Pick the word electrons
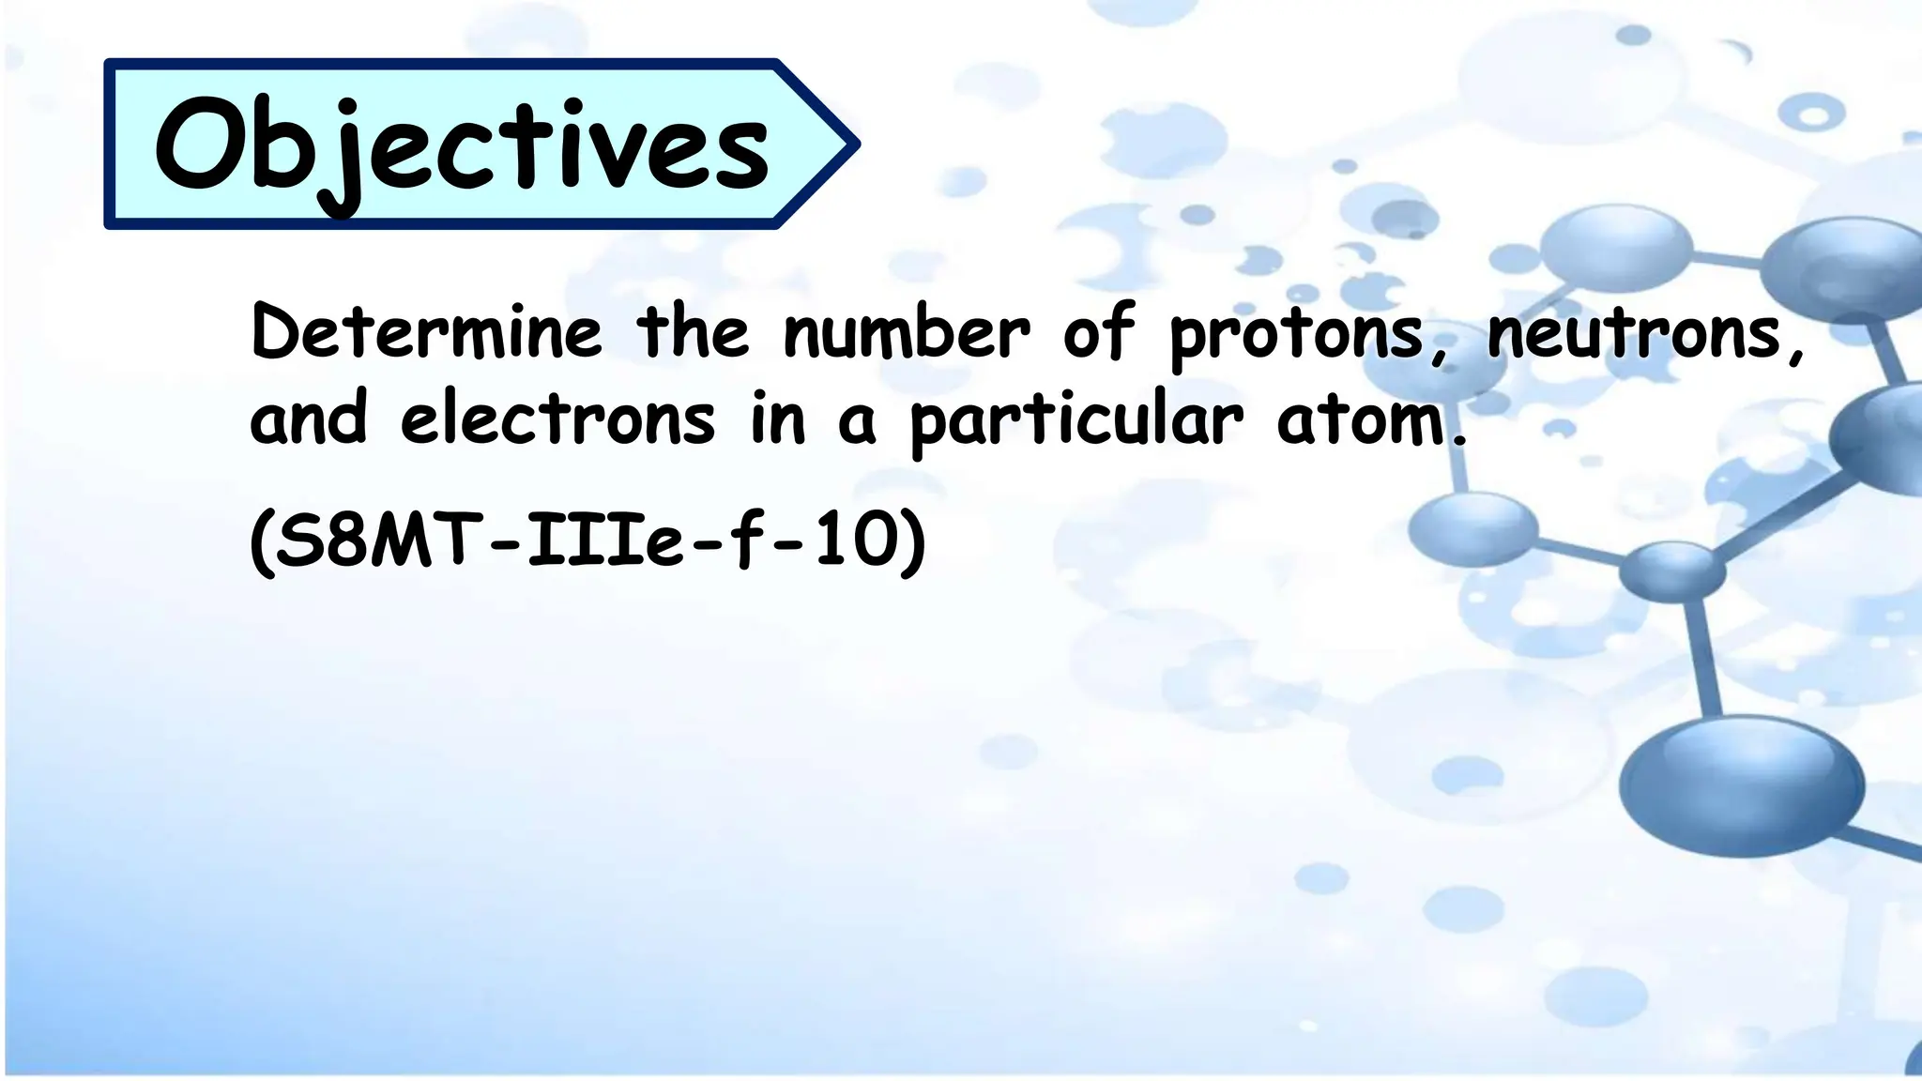[557, 419]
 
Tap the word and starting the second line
[308, 419]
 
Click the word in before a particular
[777, 419]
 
